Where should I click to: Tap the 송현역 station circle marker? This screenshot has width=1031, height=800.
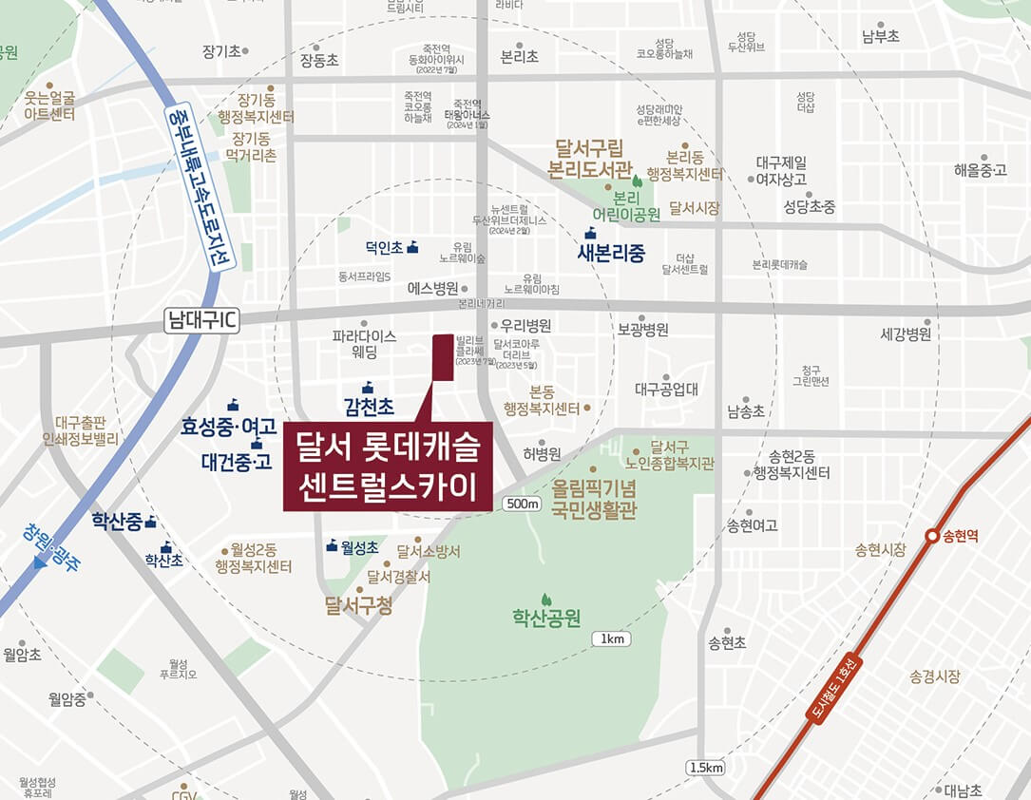pyautogui.click(x=933, y=537)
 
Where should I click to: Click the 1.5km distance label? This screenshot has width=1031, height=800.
pyautogui.click(x=705, y=767)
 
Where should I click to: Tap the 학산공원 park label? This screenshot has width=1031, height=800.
pyautogui.click(x=546, y=619)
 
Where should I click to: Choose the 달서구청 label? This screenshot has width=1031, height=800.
pyautogui.click(x=358, y=605)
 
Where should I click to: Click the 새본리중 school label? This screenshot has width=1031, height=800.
pyautogui.click(x=611, y=254)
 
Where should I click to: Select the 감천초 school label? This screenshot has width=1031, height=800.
pyautogui.click(x=369, y=407)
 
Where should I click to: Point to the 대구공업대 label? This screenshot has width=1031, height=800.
pyautogui.click(x=666, y=389)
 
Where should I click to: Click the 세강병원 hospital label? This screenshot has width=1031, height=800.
pyautogui.click(x=905, y=333)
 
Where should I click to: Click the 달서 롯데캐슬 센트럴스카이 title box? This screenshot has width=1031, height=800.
pyautogui.click(x=388, y=467)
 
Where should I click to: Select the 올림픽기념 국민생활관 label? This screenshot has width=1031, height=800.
pyautogui.click(x=595, y=500)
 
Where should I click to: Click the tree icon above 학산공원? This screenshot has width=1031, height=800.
pyautogui.click(x=546, y=600)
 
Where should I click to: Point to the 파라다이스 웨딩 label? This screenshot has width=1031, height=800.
pyautogui.click(x=364, y=344)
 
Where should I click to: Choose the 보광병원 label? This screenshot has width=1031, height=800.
pyautogui.click(x=642, y=330)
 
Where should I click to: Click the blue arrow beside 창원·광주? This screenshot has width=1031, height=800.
pyautogui.click(x=40, y=562)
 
